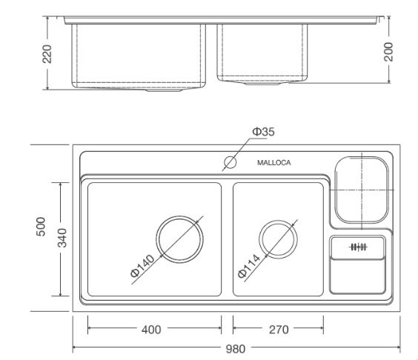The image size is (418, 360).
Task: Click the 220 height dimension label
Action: [46, 54]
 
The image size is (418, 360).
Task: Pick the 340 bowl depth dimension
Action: [62, 238]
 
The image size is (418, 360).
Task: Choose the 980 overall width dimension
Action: [236, 347]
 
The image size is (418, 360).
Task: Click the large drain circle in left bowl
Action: [179, 241]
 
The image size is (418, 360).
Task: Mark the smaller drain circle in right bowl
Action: [279, 241]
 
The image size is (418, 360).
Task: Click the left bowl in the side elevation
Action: [137, 56]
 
